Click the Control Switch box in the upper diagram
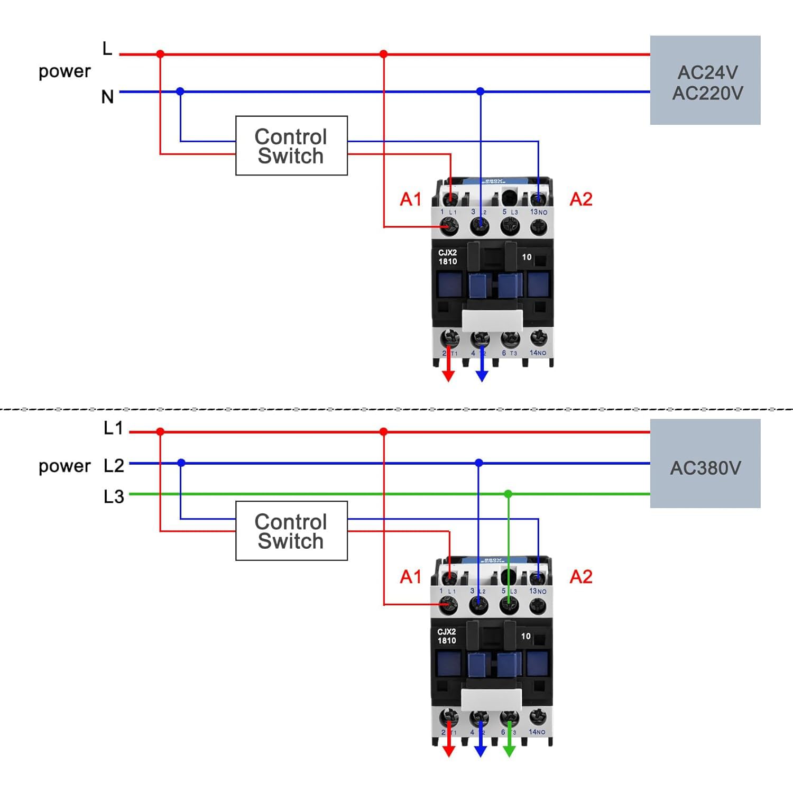coord(291,146)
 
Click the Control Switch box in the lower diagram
coord(291,531)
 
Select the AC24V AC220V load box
coord(705,80)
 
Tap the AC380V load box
coord(705,464)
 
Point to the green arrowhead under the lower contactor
coord(509,751)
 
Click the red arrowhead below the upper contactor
coord(448,375)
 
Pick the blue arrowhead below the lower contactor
coord(481,751)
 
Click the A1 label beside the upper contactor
coord(411,199)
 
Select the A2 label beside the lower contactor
coord(581,577)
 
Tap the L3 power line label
coord(114,497)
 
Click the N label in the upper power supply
coord(107,97)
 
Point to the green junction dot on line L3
coord(508,494)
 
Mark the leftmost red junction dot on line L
coord(160,54)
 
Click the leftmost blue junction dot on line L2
coord(181,463)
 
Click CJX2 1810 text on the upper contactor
coord(447,257)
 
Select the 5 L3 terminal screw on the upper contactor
coord(510,226)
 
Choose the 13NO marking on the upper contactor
coord(538,212)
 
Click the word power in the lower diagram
coord(64,466)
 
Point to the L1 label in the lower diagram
coord(113,428)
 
